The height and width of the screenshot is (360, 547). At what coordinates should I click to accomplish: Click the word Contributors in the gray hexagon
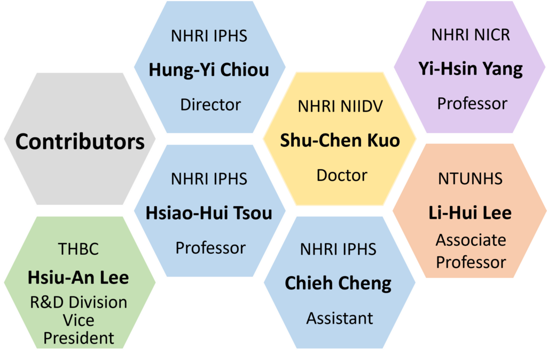(x=80, y=142)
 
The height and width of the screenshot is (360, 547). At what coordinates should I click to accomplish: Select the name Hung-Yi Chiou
(x=209, y=70)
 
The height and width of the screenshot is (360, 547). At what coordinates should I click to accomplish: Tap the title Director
(x=210, y=104)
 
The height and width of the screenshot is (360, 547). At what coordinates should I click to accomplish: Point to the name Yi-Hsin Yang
(x=471, y=69)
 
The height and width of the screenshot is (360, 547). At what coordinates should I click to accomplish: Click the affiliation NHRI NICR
(x=471, y=35)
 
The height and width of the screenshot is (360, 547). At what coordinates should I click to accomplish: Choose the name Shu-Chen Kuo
(x=340, y=140)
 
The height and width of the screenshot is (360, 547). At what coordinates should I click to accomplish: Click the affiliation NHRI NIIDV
(x=340, y=106)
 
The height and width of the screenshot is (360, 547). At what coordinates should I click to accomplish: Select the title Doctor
(x=342, y=175)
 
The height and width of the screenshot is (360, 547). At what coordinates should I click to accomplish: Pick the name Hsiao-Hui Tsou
(x=209, y=213)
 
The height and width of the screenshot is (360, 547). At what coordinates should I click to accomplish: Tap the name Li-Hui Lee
(x=470, y=213)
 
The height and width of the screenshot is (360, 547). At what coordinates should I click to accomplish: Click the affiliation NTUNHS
(x=470, y=178)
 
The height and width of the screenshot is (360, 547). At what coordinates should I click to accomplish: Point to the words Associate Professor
(x=471, y=251)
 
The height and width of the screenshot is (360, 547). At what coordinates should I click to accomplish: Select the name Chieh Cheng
(x=338, y=283)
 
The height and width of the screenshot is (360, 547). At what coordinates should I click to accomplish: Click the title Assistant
(x=340, y=318)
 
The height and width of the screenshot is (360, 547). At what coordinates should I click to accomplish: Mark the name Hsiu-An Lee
(x=78, y=278)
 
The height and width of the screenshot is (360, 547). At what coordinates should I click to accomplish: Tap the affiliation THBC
(x=78, y=248)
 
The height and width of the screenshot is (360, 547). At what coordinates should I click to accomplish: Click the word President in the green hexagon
(x=79, y=338)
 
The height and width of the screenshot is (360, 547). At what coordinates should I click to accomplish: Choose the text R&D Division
(x=79, y=302)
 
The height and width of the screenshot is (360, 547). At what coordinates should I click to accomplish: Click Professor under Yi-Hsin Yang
(x=472, y=103)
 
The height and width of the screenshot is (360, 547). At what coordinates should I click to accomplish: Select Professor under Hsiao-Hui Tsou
(x=210, y=248)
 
